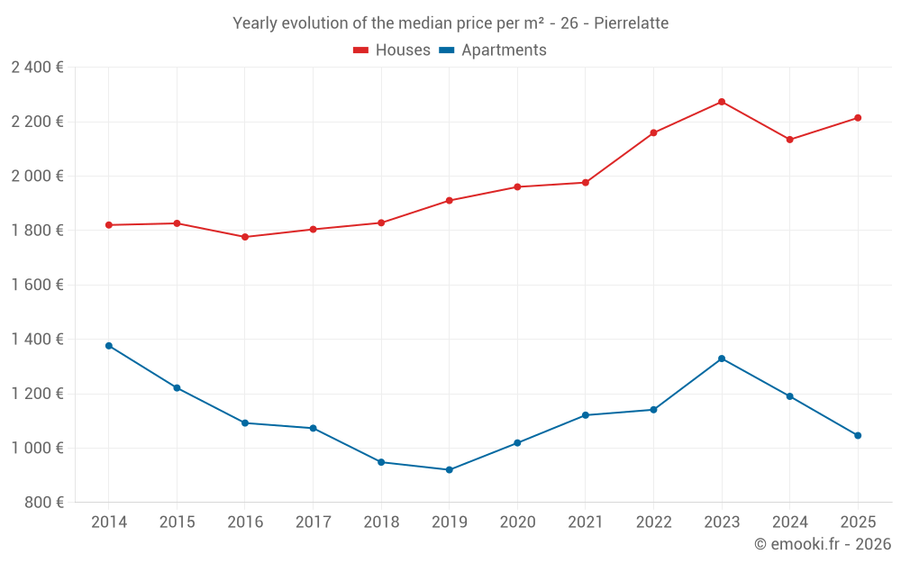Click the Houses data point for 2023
coord(722,102)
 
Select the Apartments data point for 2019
coord(450,469)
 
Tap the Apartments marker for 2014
coord(109,346)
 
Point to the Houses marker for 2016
coord(245,237)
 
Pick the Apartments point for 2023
coord(722,359)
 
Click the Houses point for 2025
coord(858,118)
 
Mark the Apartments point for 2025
coord(858,435)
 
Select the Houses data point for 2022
coord(653,133)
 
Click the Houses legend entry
coord(392,50)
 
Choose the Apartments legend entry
coord(493,50)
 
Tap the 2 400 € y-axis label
coord(37,68)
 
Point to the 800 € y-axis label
coord(44,503)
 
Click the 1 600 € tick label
coord(37,285)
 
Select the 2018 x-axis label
coord(381,522)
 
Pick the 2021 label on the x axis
coord(586,522)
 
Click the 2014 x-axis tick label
coord(109,522)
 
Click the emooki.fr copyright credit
coord(822,544)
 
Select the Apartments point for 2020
coord(517,443)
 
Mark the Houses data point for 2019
coord(450,200)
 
